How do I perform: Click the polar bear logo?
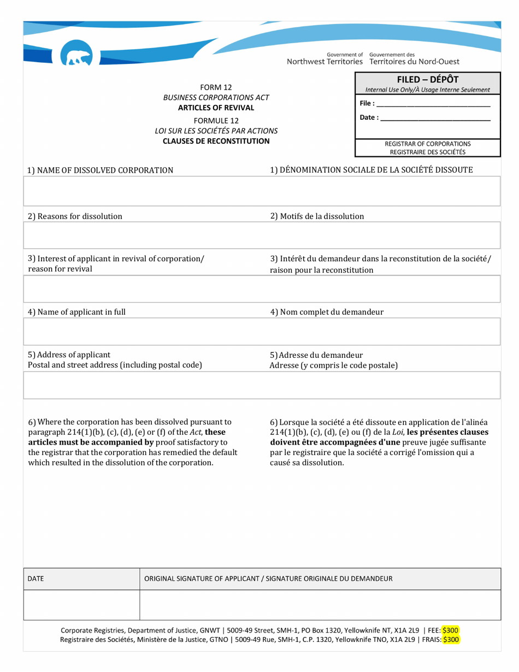(76, 56)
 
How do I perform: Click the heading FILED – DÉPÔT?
(427, 79)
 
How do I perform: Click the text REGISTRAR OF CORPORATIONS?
(428, 144)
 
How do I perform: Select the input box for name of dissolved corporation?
(262, 191)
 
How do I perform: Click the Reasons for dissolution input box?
(262, 235)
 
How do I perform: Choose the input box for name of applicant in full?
(262, 331)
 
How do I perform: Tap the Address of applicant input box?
(262, 385)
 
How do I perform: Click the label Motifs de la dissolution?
(317, 216)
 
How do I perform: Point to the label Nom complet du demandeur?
(327, 312)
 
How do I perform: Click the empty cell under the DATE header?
(81, 605)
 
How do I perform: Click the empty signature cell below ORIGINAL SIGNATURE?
(320, 605)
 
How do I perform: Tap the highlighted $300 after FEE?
(451, 629)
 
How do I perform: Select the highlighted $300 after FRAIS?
(451, 639)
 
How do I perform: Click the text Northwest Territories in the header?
(325, 62)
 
